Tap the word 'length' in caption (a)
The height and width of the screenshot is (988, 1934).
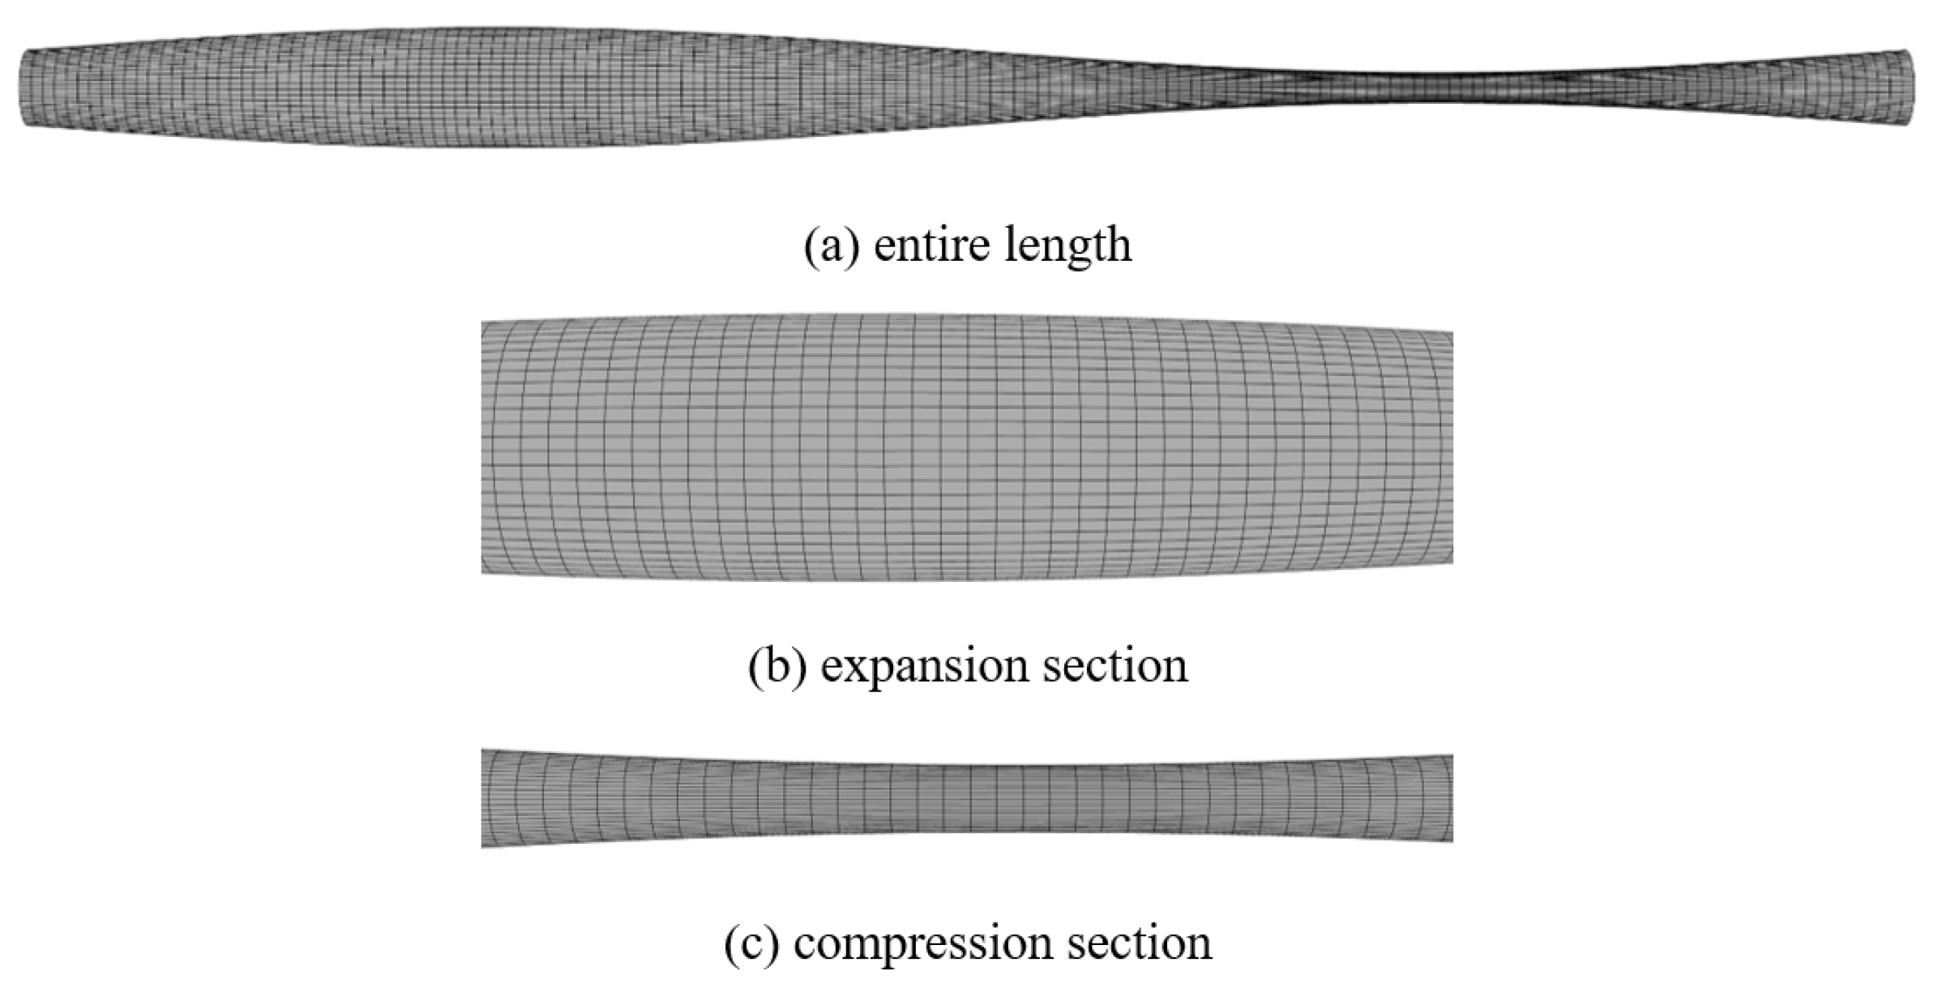1068,245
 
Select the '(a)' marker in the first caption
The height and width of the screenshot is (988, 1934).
832,245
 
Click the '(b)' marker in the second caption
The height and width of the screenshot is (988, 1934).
777,665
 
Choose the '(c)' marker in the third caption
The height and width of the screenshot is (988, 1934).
751,943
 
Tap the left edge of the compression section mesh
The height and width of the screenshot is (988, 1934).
485,798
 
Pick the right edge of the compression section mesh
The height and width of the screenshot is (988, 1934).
1448,798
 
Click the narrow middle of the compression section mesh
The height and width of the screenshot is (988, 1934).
966,798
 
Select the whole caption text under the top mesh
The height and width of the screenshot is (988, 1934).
967,245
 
